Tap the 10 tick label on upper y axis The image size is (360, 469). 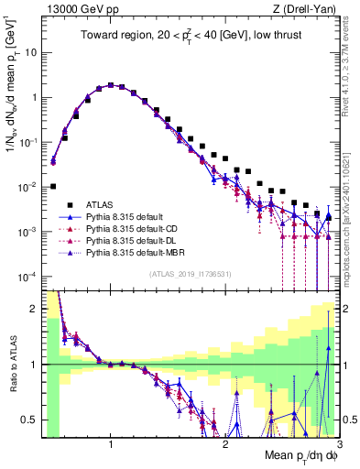[x=29, y=52]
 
